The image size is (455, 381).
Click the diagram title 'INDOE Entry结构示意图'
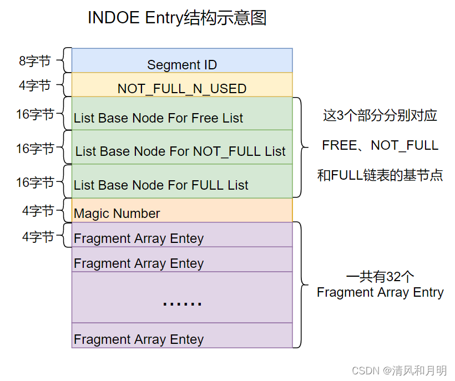[177, 18]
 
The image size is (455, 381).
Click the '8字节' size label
[35, 61]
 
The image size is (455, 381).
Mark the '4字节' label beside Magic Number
[38, 211]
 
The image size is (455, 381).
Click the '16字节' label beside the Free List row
[35, 114]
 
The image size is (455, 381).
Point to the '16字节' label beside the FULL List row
[35, 182]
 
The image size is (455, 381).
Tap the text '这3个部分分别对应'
[380, 115]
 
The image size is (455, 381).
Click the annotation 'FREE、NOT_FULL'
[380, 145]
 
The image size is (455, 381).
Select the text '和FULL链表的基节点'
[380, 175]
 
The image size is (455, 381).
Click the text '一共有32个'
[380, 277]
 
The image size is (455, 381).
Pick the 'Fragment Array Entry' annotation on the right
[380, 292]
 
